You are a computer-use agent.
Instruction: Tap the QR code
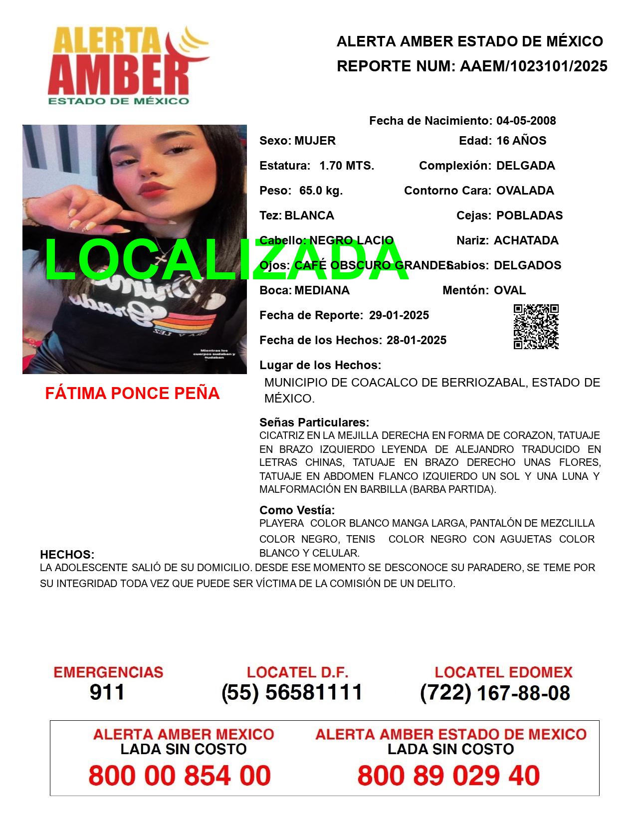[x=536, y=327]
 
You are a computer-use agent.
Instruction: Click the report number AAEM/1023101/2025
[x=533, y=66]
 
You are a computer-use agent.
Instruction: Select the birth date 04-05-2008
[x=526, y=121]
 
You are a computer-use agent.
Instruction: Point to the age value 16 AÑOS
[x=521, y=141]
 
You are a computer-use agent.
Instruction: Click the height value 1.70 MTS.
[x=347, y=166]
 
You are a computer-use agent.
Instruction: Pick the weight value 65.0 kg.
[x=321, y=191]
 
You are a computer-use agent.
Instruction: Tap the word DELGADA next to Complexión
[x=525, y=166]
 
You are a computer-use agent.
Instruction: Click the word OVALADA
[x=525, y=191]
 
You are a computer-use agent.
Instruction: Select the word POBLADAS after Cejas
[x=529, y=215]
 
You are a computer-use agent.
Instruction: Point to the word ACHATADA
[x=526, y=240]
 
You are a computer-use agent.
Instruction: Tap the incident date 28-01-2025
[x=417, y=340]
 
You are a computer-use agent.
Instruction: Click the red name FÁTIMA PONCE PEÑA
[x=132, y=394]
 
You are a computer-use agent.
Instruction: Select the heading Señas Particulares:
[x=314, y=422]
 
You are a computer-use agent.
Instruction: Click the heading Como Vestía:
[x=297, y=510]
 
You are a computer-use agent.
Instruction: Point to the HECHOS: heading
[x=67, y=555]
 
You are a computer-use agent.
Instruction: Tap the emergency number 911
[x=107, y=692]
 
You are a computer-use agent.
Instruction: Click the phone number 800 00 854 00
[x=180, y=776]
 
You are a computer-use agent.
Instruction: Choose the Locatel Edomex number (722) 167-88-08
[x=495, y=693]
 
